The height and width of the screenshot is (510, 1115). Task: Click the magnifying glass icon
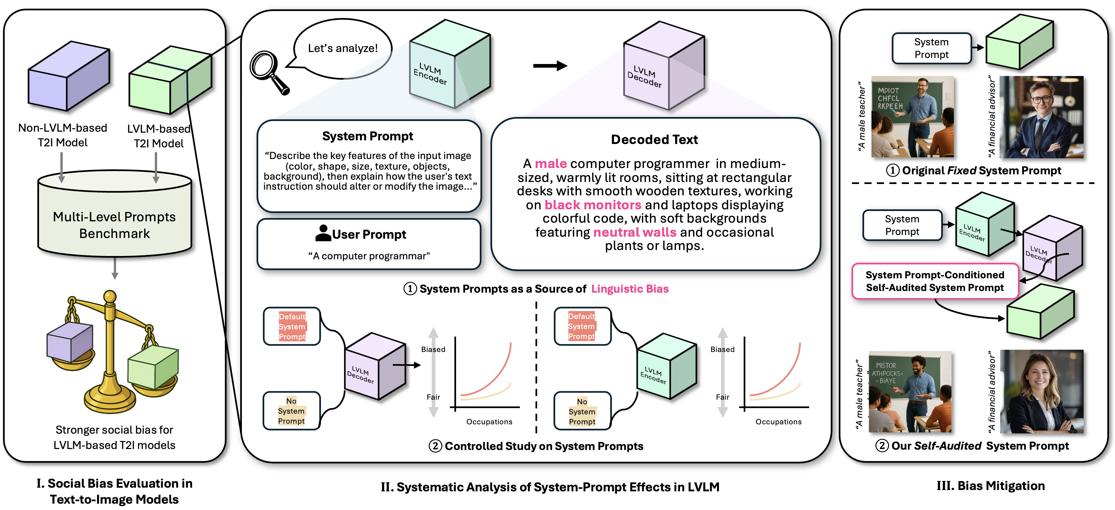point(268,72)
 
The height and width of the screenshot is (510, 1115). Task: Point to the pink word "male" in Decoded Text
point(550,164)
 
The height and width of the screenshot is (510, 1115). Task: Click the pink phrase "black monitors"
point(593,205)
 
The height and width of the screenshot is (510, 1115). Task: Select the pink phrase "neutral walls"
point(634,232)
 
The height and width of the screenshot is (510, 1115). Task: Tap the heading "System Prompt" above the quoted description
point(367,136)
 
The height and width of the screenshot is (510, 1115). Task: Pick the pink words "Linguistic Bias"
point(630,289)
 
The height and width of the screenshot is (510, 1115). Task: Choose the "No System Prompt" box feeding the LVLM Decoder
point(291,411)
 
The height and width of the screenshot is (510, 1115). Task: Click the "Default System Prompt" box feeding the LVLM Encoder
point(582,326)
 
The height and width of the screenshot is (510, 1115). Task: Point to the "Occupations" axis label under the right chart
point(778,422)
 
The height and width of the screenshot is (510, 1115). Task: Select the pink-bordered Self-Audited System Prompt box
point(935,281)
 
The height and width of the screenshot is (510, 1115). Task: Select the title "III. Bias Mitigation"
point(990,486)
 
